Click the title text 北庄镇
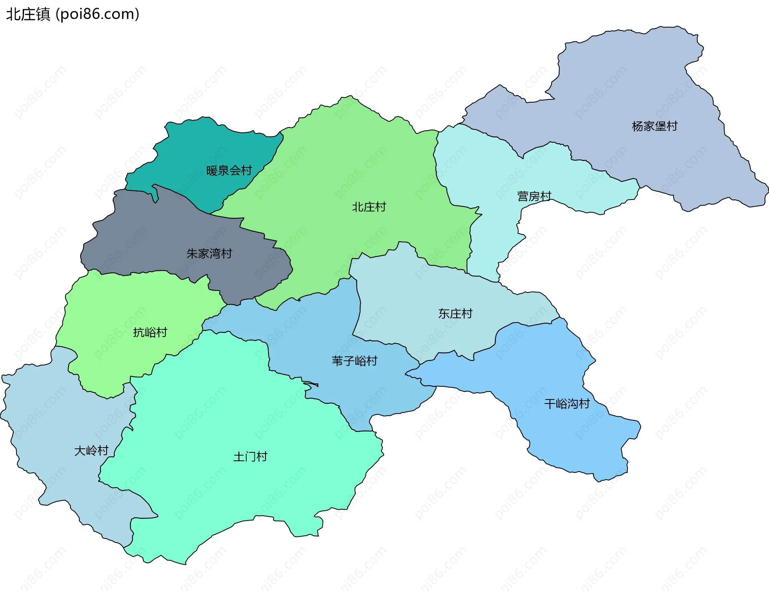(28, 14)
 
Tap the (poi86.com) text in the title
(97, 14)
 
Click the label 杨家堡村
(654, 126)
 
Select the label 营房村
(534, 196)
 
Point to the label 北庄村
(369, 207)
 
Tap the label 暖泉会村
(229, 171)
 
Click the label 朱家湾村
(209, 254)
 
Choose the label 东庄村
(455, 314)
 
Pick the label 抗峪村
(150, 333)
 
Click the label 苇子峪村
(354, 361)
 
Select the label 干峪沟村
(567, 404)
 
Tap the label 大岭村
(91, 451)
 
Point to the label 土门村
(250, 457)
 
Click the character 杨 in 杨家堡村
(637, 126)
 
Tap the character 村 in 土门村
(262, 457)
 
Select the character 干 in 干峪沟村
(550, 404)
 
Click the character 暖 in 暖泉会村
(212, 171)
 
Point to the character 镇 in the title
(43, 14)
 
